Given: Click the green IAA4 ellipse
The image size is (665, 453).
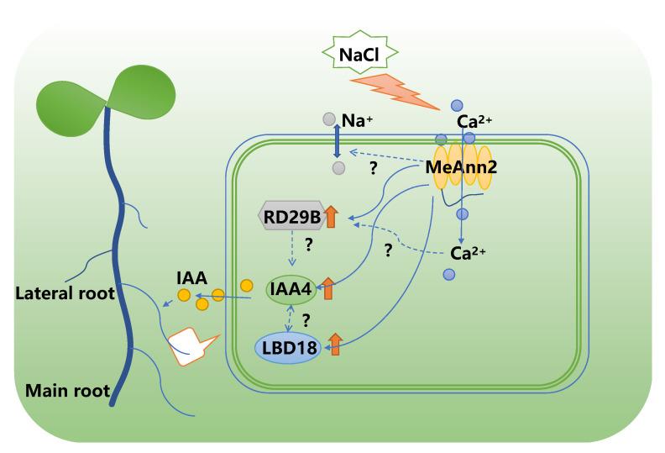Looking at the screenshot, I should pyautogui.click(x=291, y=290).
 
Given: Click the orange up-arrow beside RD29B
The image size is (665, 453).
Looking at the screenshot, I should pyautogui.click(x=330, y=216).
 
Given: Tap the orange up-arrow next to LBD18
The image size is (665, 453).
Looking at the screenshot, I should pyautogui.click(x=334, y=345).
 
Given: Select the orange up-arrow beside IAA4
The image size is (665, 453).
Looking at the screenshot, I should pyautogui.click(x=327, y=289).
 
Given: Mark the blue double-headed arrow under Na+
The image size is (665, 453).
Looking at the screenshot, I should pyautogui.click(x=337, y=142).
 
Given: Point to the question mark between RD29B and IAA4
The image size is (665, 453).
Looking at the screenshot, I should pyautogui.click(x=308, y=245).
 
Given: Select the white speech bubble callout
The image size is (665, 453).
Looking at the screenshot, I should pyautogui.click(x=191, y=345).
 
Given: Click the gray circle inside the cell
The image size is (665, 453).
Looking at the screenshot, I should pyautogui.click(x=338, y=168).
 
